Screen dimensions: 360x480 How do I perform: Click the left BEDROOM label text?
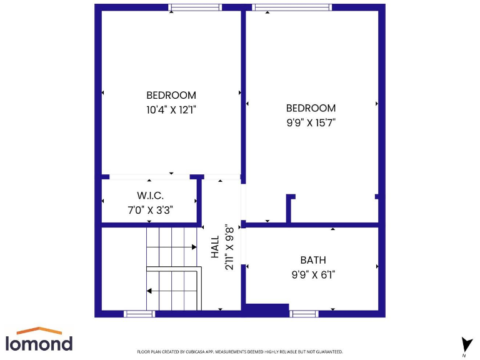[x=171, y=96]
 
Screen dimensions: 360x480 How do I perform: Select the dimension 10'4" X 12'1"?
[x=171, y=110]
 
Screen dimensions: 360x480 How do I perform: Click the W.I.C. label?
[x=150, y=196]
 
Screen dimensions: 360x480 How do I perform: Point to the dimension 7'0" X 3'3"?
[x=150, y=210]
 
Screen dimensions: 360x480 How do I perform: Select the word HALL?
[x=215, y=247]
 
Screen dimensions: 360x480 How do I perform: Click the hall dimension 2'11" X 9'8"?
[x=229, y=247]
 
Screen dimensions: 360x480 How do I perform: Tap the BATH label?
[x=312, y=260]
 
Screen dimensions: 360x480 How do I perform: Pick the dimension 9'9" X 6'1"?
[x=312, y=274]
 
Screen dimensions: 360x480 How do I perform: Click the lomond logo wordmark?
[x=39, y=343]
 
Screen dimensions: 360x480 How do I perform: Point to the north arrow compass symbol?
[x=466, y=344]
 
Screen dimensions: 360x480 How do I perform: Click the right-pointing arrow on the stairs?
[x=194, y=247]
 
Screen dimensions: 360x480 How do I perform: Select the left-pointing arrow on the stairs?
[x=149, y=291]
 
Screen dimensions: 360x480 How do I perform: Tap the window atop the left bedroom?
[x=195, y=7]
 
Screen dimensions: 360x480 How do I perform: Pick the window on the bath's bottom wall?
[x=304, y=314]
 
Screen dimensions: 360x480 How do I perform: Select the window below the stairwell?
[x=139, y=314]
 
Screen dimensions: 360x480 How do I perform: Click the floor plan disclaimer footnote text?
[x=239, y=352]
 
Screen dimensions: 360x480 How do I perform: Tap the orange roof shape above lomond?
[x=39, y=330]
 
